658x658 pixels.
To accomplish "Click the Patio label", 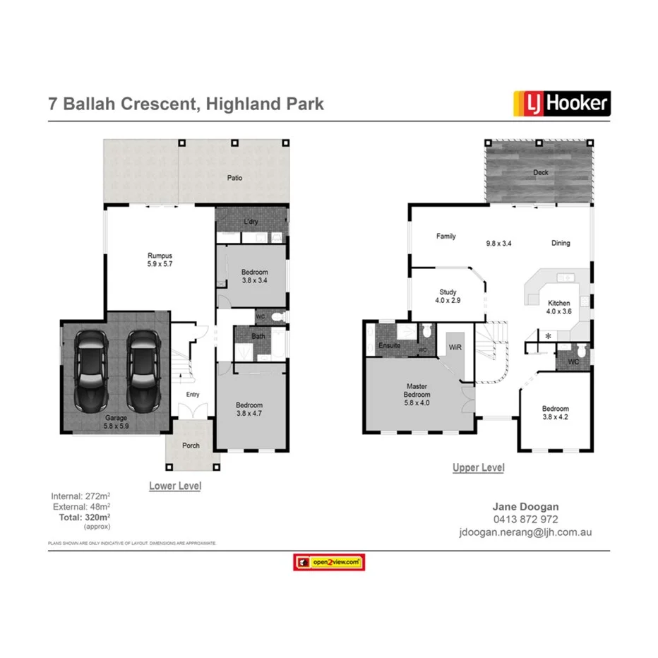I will (x=234, y=178).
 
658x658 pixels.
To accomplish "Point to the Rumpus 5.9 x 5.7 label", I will (x=160, y=259).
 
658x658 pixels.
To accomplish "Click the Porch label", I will (x=191, y=445).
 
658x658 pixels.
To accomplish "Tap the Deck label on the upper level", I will (x=541, y=172).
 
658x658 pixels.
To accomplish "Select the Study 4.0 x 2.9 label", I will (x=448, y=296).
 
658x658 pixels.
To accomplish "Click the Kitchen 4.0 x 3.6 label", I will (x=558, y=307).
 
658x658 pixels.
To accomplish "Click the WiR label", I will (x=455, y=348).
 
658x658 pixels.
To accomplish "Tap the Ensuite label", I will (x=389, y=346).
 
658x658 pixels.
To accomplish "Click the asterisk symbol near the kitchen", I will (x=547, y=336).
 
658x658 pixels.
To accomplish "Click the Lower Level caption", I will (x=175, y=486).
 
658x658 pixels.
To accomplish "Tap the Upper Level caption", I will (x=478, y=467).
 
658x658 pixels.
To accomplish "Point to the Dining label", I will (x=561, y=243).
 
